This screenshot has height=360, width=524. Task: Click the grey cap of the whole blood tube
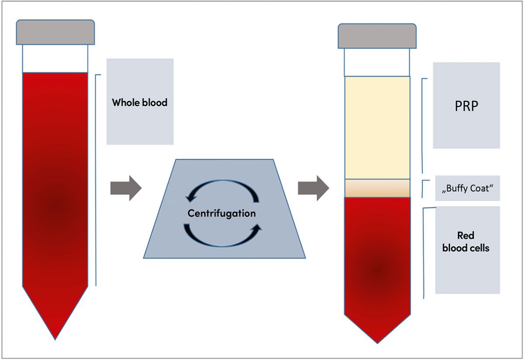[x=55, y=32]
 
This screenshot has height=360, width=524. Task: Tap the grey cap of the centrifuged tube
[x=377, y=36]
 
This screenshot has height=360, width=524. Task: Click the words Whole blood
[x=140, y=103]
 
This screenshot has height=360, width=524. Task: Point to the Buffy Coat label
[x=467, y=189]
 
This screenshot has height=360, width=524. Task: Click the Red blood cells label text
[x=466, y=242]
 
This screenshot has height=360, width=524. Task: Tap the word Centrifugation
[x=221, y=214]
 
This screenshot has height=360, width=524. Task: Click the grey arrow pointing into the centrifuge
[x=126, y=188]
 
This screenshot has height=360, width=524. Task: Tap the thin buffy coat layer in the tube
[x=377, y=188]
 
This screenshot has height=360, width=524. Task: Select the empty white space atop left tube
[x=55, y=59]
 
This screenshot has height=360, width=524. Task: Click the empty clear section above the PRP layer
[x=377, y=62]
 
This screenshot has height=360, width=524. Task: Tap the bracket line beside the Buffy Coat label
[x=424, y=188]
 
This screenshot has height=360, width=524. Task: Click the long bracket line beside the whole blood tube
[x=96, y=179]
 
